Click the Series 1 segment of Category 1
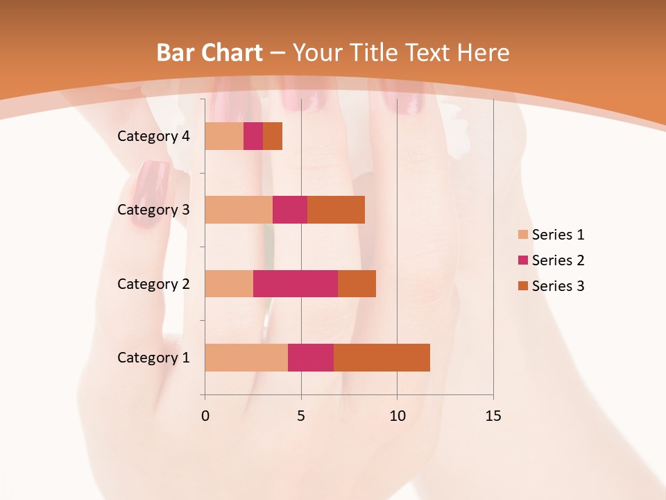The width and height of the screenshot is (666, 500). pyautogui.click(x=246, y=358)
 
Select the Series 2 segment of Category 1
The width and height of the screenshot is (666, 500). pyautogui.click(x=311, y=358)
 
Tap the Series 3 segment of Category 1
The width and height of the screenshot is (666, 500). pyautogui.click(x=382, y=358)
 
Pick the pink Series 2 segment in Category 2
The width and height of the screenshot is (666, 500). pyautogui.click(x=296, y=283)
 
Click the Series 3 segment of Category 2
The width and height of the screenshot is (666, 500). pyautogui.click(x=357, y=283)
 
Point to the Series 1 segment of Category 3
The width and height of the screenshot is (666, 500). pyautogui.click(x=239, y=210)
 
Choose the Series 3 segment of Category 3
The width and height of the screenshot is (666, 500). pyautogui.click(x=336, y=210)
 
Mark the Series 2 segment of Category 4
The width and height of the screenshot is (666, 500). pyautogui.click(x=253, y=136)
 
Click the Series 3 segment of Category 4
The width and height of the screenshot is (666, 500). pyautogui.click(x=273, y=136)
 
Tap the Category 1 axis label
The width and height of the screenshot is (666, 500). pyautogui.click(x=153, y=358)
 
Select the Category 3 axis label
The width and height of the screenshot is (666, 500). pyautogui.click(x=153, y=210)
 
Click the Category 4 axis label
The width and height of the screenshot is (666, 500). pyautogui.click(x=153, y=136)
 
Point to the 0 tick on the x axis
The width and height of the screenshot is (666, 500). pyautogui.click(x=205, y=416)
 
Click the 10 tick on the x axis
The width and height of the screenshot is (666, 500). pyautogui.click(x=397, y=416)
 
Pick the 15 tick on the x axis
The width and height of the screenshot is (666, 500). pyautogui.click(x=493, y=416)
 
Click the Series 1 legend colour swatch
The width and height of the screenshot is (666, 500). pyautogui.click(x=523, y=235)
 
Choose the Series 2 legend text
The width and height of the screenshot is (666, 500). pyautogui.click(x=558, y=260)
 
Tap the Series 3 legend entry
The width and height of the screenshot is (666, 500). pyautogui.click(x=552, y=286)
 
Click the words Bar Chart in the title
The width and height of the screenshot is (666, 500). pyautogui.click(x=210, y=53)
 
